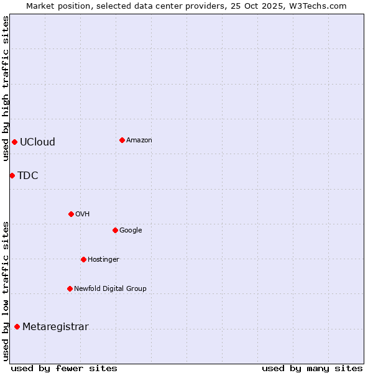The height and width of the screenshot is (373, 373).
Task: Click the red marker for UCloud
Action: tap(14, 142)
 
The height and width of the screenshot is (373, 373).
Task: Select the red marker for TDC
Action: tap(12, 175)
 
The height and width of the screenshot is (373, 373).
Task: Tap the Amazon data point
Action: tap(122, 140)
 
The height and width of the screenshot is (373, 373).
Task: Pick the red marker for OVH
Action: tap(71, 214)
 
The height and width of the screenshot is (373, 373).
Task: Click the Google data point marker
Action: tap(115, 230)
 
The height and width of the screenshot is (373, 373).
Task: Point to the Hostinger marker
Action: tap(83, 259)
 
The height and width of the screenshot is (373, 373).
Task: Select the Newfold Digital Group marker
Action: tap(70, 288)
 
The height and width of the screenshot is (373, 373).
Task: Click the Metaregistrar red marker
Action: tap(17, 327)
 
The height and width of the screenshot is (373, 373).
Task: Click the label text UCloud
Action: tap(37, 142)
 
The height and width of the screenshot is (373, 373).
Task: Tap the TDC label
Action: tap(28, 175)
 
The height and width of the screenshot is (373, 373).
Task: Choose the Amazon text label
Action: tap(139, 140)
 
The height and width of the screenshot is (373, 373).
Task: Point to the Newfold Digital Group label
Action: tap(110, 288)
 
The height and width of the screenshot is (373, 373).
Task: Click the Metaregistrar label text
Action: tap(55, 327)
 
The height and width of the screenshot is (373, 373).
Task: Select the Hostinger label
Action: tap(103, 259)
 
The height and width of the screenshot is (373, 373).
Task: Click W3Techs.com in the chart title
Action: tap(318, 6)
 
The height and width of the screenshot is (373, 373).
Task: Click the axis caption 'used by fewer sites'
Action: tap(64, 368)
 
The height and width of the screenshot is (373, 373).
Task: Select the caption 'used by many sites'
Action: tap(312, 368)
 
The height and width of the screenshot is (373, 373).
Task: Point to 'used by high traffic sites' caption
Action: tap(6, 88)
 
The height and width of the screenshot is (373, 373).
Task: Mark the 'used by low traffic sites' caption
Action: tap(6, 291)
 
